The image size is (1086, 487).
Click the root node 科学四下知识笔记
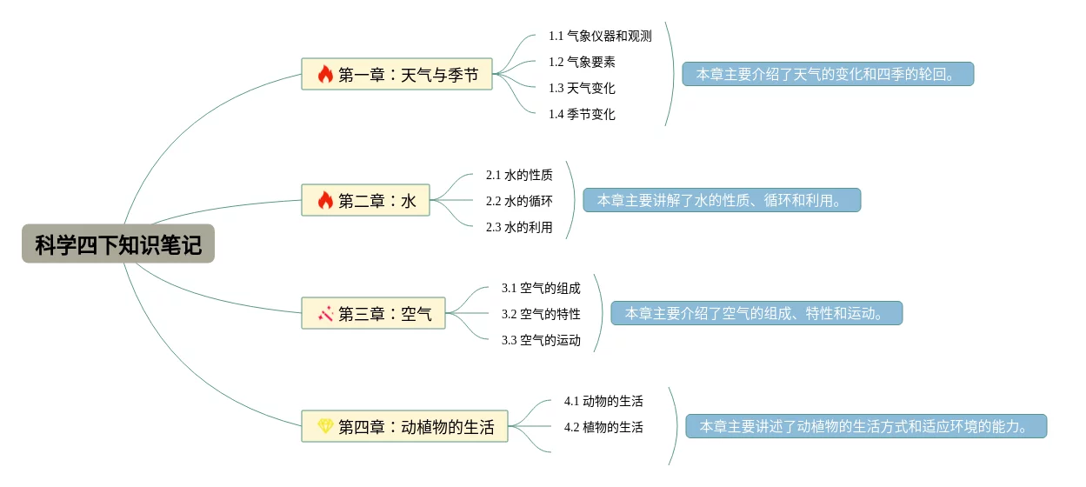coord(118,244)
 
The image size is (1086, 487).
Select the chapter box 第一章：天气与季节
coord(396,74)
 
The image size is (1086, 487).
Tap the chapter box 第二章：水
coord(365,201)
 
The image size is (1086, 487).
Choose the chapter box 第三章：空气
coord(373,313)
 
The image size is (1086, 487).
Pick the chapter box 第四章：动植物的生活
coord(404,426)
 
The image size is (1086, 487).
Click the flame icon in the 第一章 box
coord(325,74)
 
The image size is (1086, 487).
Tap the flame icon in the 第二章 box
coord(325,201)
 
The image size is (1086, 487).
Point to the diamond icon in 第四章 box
coord(325,426)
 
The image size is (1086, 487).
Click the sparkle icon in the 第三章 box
coord(325,313)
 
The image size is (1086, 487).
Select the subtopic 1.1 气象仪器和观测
coord(600,36)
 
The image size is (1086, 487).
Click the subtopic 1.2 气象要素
coord(582,62)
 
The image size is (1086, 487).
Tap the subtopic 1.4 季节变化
coord(582,114)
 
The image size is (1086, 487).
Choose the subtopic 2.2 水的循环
coord(519,201)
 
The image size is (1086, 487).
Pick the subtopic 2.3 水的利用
coord(519,227)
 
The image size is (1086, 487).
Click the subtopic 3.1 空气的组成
coord(541,288)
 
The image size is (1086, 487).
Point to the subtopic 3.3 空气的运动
coord(541,340)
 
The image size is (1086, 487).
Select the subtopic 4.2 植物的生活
coord(603,427)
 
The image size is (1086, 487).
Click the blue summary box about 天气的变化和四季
coord(828,74)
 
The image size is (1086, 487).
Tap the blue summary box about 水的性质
coord(722,201)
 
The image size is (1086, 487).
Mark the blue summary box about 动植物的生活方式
coord(866,426)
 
